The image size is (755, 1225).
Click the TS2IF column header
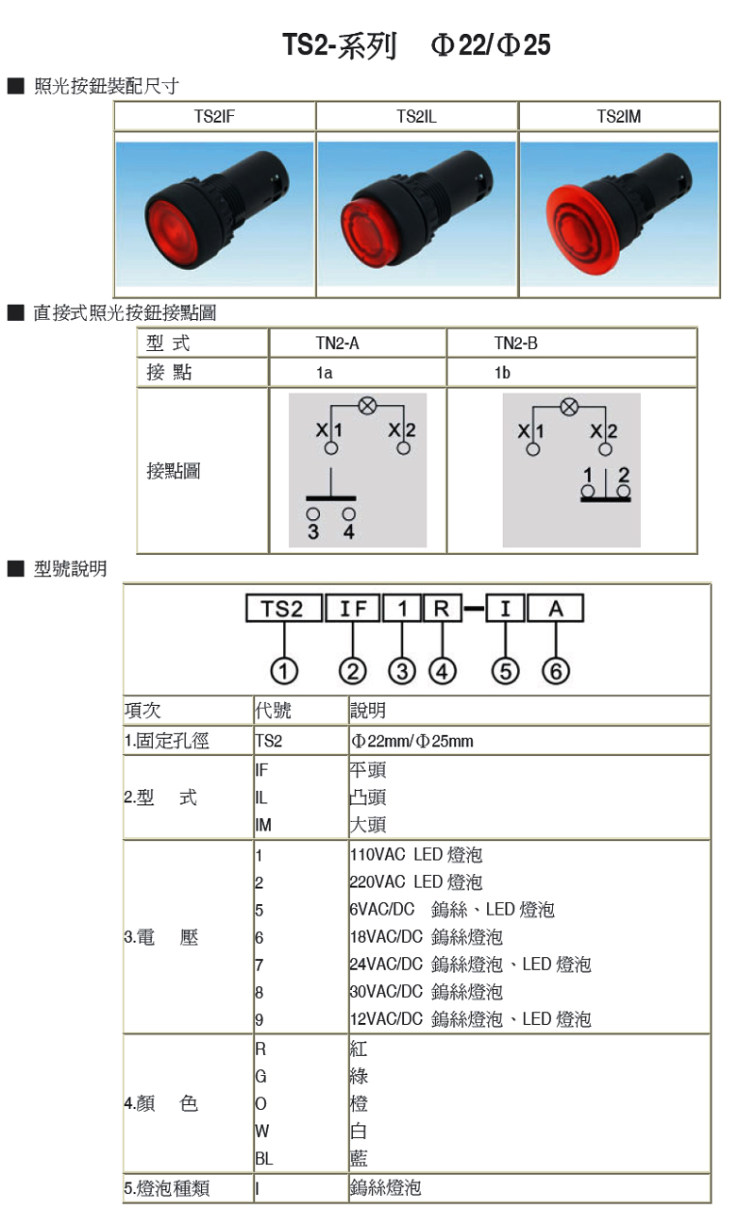point(213,117)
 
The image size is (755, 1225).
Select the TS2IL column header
point(416,117)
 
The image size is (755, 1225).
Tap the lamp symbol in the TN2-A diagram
point(367,405)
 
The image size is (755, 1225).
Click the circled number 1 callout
point(284,671)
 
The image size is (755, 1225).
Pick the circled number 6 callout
point(556,671)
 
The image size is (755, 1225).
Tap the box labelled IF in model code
point(352,610)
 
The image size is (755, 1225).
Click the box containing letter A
point(555,610)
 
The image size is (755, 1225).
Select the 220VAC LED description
point(415,882)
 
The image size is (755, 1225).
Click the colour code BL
point(263,1158)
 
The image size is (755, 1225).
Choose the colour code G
point(260,1076)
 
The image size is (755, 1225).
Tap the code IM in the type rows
point(263,825)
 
